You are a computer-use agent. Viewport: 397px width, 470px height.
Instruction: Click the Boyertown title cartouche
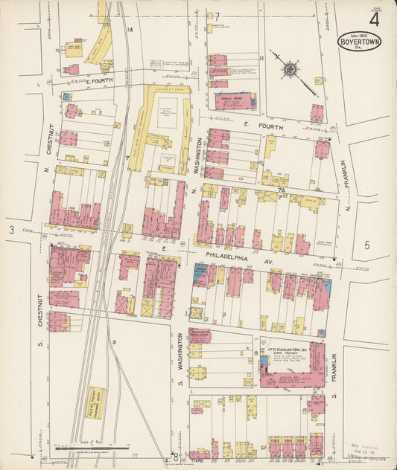(361, 42)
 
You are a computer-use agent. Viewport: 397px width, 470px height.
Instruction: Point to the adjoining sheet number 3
(12, 233)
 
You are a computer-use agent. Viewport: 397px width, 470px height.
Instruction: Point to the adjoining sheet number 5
(366, 245)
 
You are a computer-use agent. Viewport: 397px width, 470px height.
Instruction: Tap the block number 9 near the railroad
(115, 341)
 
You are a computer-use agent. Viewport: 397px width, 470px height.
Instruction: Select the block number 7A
(282, 190)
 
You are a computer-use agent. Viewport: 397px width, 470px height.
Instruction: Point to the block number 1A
(130, 30)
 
